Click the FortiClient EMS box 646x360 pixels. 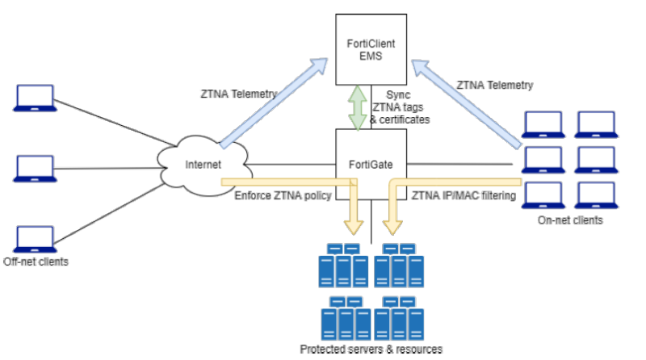[371, 50]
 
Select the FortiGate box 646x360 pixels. [371, 164]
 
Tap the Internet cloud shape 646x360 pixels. [202, 165]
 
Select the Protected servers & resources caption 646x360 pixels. [372, 349]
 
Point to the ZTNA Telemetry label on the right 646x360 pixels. [495, 84]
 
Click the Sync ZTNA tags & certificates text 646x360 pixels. [399, 107]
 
